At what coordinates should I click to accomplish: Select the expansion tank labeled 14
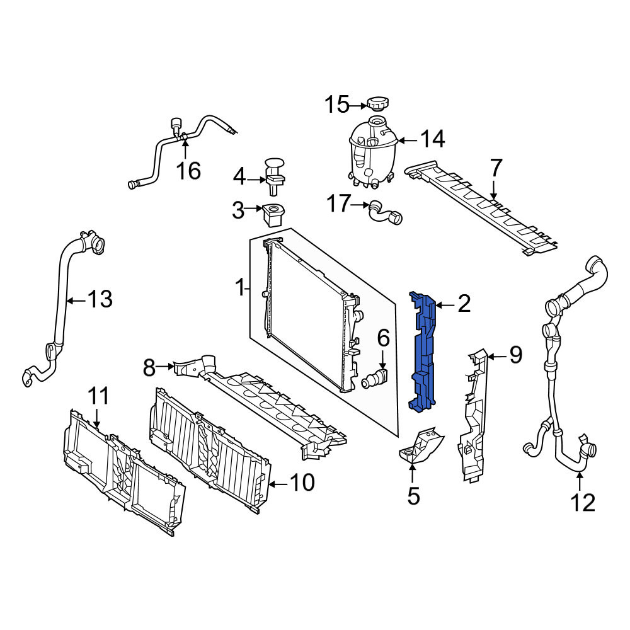372,152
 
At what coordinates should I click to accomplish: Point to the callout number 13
100,299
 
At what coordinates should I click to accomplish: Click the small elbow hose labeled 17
385,212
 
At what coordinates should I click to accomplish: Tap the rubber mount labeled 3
273,215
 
